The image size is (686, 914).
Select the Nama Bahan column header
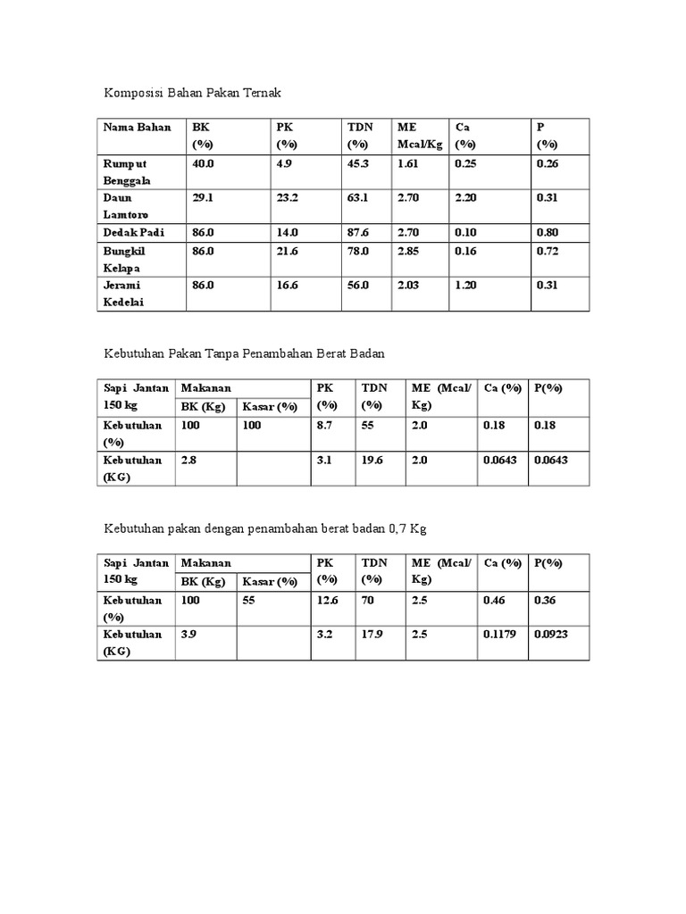pos(137,128)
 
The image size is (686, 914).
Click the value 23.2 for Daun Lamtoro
pos(287,197)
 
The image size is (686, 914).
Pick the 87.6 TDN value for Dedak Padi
pos(358,232)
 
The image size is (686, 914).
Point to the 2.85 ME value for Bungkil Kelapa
pos(409,250)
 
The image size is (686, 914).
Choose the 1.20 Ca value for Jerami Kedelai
pos(465,285)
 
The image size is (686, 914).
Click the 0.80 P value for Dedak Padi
pos(547,232)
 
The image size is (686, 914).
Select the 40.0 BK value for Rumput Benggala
pos(203,163)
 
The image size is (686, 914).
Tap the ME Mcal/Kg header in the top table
pos(420,136)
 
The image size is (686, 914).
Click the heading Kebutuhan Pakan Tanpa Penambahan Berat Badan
pos(244,354)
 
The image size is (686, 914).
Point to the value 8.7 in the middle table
pos(324,425)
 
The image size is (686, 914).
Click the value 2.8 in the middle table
pos(188,460)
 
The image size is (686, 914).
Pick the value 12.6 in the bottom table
pos(328,600)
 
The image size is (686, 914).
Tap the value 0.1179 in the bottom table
pos(498,635)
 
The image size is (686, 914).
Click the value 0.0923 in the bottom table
pos(550,635)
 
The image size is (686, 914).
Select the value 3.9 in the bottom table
pos(188,635)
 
